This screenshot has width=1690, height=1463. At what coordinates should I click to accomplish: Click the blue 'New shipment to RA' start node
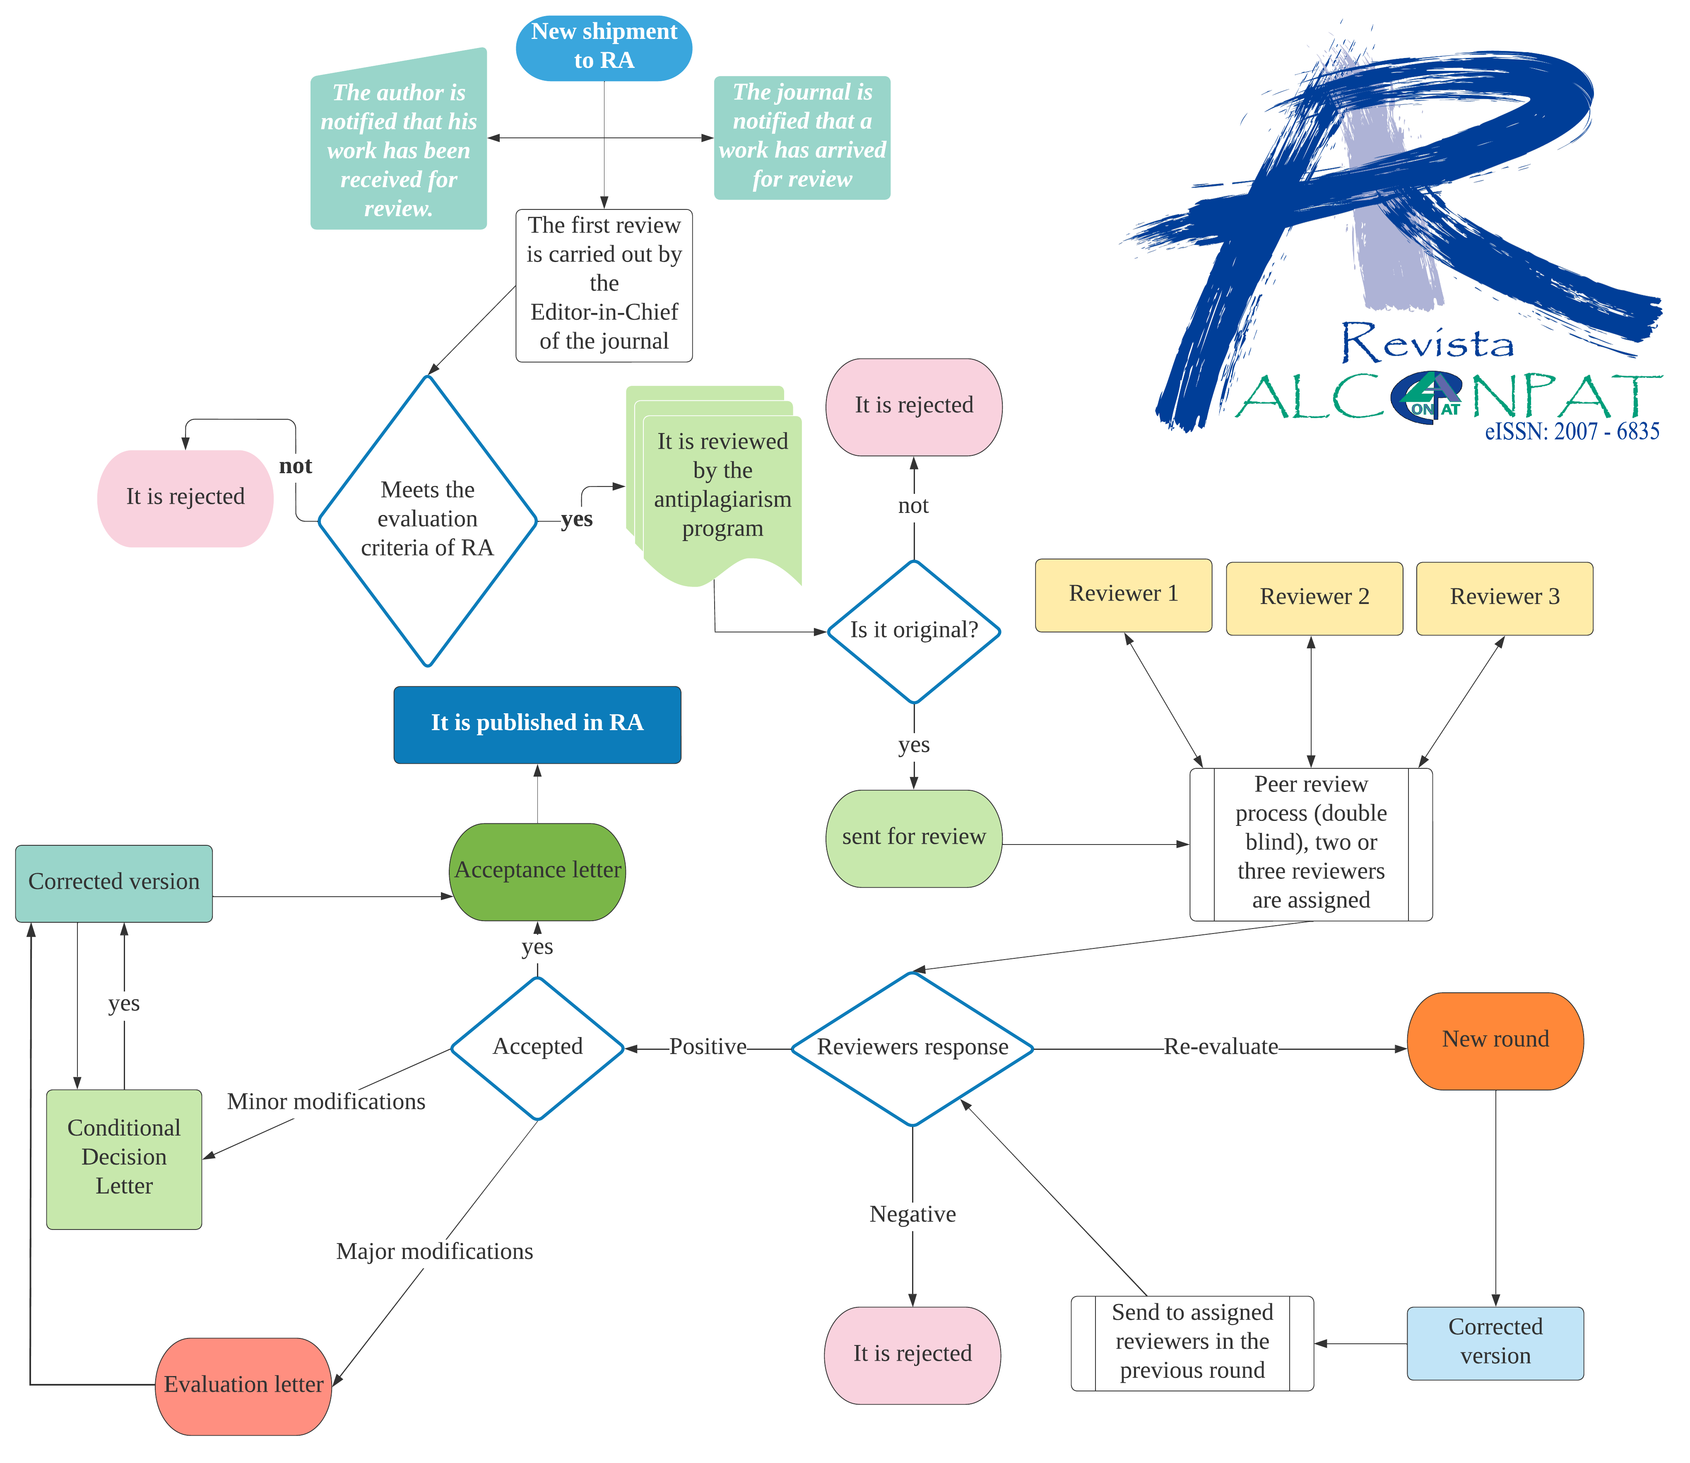[604, 47]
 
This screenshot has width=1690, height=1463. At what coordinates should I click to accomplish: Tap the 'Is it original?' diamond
[914, 631]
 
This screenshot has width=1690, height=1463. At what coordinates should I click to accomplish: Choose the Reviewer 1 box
[1123, 594]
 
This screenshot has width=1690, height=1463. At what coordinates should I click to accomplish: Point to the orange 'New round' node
[1495, 1040]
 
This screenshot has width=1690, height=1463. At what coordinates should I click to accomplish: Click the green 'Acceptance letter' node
[537, 871]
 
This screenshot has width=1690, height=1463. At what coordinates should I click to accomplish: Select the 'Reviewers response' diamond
[913, 1048]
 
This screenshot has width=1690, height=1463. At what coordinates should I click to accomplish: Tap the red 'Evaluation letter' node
[243, 1386]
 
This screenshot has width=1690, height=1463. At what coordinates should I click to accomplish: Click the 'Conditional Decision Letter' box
[124, 1157]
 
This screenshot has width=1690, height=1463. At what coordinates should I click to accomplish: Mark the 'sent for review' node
[914, 837]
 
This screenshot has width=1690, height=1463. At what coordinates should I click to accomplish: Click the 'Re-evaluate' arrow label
[1221, 1047]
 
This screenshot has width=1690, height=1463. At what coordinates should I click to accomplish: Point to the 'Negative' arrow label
[913, 1215]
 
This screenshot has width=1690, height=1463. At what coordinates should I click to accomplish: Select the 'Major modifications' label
[434, 1252]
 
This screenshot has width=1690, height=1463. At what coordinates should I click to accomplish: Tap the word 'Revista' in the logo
[1429, 343]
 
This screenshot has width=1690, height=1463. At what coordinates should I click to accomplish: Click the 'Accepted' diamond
[537, 1047]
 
